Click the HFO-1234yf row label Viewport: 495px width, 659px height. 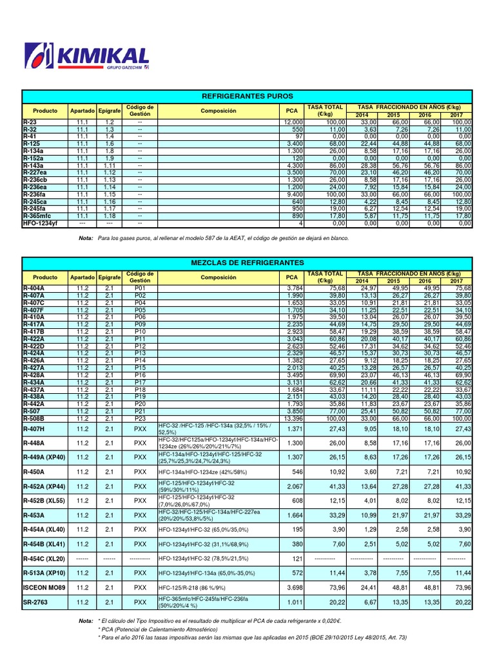point(40,223)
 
